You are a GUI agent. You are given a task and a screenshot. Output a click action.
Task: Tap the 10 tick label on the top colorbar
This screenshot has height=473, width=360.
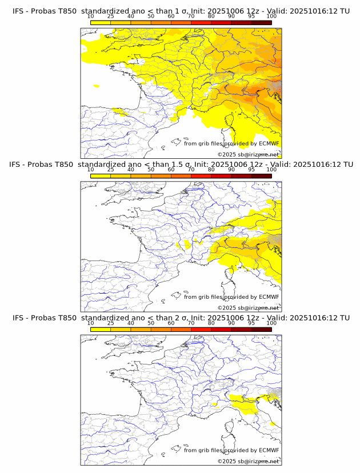pos(91,17)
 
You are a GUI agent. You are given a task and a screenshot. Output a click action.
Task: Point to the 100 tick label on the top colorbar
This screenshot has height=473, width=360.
pos(271,17)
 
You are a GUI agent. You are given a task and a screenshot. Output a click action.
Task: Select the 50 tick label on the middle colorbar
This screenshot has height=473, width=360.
pos(151,170)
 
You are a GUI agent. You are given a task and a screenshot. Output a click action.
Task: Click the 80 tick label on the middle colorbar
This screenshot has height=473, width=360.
pos(211,170)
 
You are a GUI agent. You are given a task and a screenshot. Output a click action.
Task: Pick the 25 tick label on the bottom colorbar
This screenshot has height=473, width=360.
pos(111,323)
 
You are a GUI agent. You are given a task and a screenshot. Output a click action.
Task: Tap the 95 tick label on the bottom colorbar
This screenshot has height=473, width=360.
pos(251,323)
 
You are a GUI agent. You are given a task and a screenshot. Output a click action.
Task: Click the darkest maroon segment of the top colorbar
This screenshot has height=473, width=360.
pos(261,22)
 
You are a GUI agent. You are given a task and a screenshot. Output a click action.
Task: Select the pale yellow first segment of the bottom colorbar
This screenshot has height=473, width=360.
pos(101,329)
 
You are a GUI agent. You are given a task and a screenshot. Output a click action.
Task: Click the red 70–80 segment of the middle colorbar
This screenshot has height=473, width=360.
pos(201,176)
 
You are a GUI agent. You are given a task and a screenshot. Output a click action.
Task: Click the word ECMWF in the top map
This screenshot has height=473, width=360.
pos(269,143)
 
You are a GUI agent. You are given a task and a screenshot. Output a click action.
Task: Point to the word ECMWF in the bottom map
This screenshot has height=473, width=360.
pos(269,450)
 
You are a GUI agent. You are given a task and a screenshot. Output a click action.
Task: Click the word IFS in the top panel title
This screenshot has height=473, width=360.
pos(19,11)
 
